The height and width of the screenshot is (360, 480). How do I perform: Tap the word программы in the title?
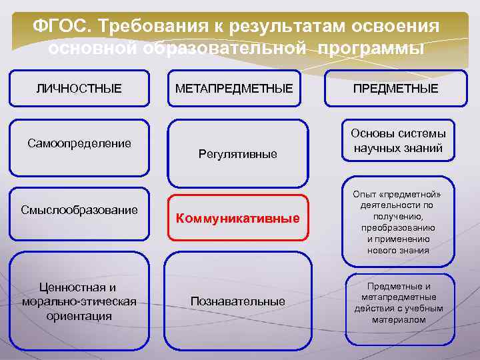[371, 49]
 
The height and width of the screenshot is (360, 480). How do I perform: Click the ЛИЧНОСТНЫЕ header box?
[79, 89]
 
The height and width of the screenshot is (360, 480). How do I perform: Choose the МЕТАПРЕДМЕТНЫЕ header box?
[234, 89]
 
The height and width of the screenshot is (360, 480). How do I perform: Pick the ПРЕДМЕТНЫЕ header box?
[395, 89]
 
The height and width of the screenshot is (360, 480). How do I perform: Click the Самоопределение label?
[79, 143]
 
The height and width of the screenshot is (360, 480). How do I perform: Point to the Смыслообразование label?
[79, 210]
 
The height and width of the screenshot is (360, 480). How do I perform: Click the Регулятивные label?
[238, 155]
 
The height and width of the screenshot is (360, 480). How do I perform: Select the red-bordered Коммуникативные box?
[238, 218]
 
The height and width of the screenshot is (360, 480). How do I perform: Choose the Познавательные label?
[238, 301]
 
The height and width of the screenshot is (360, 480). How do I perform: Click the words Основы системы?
[399, 133]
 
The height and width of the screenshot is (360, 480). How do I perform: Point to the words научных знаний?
[399, 148]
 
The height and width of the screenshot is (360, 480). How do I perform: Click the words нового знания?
[399, 250]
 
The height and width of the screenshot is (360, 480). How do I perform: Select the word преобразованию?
[399, 227]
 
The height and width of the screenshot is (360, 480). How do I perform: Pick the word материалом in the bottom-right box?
[399, 319]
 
